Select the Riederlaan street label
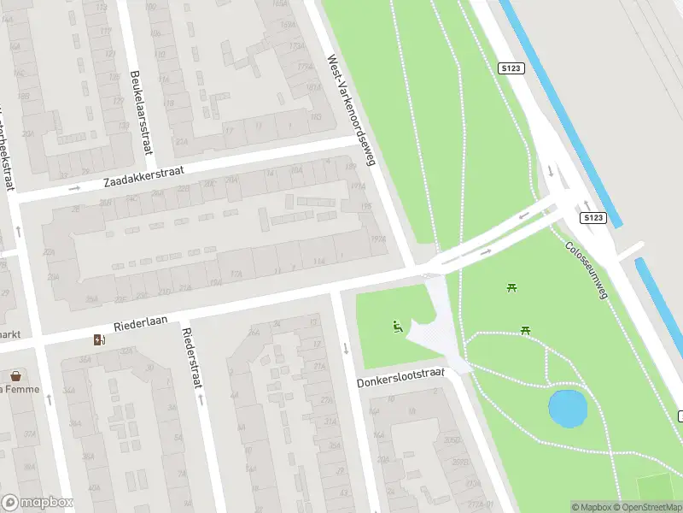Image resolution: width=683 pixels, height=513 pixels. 139,325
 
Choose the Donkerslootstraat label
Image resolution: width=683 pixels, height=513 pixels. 401,377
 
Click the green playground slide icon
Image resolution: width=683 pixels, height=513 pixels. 397,326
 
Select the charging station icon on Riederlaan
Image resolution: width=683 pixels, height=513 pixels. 100,340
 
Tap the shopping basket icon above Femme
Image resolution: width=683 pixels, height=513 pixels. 15,375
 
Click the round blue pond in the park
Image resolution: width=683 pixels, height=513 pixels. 567,408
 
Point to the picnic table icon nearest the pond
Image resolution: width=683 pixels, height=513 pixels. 526,330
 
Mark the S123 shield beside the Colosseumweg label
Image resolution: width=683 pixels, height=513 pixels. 594,219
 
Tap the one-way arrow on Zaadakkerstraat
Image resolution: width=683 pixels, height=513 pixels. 74,187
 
